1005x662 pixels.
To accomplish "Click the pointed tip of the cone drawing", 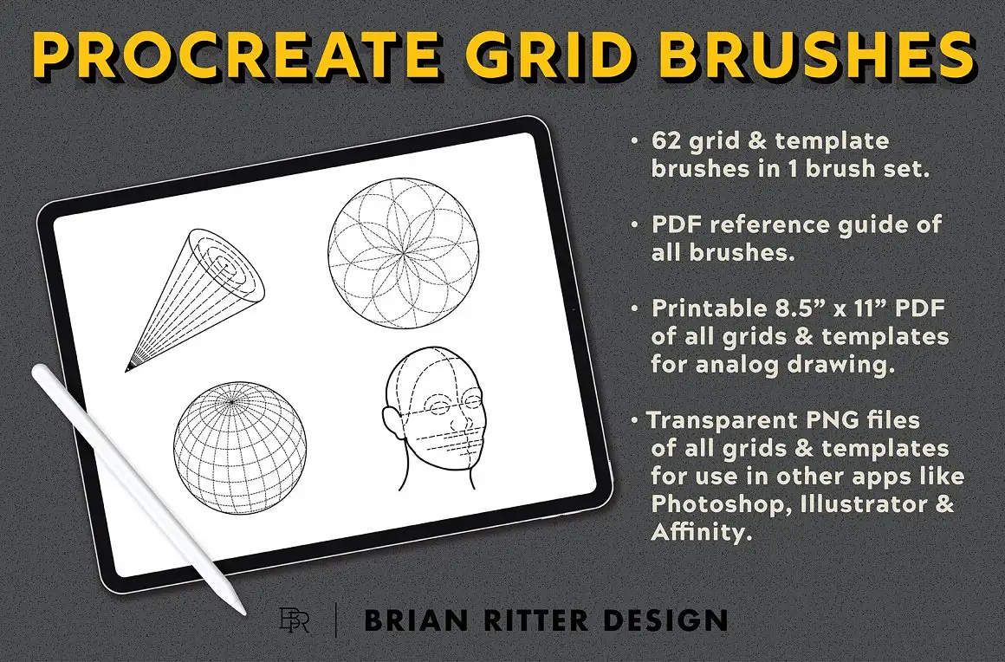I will [x=128, y=368].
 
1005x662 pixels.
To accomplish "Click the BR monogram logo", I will [x=292, y=621].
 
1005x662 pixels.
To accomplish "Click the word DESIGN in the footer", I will [x=663, y=621].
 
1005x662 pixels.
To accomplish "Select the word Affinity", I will [x=697, y=533].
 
